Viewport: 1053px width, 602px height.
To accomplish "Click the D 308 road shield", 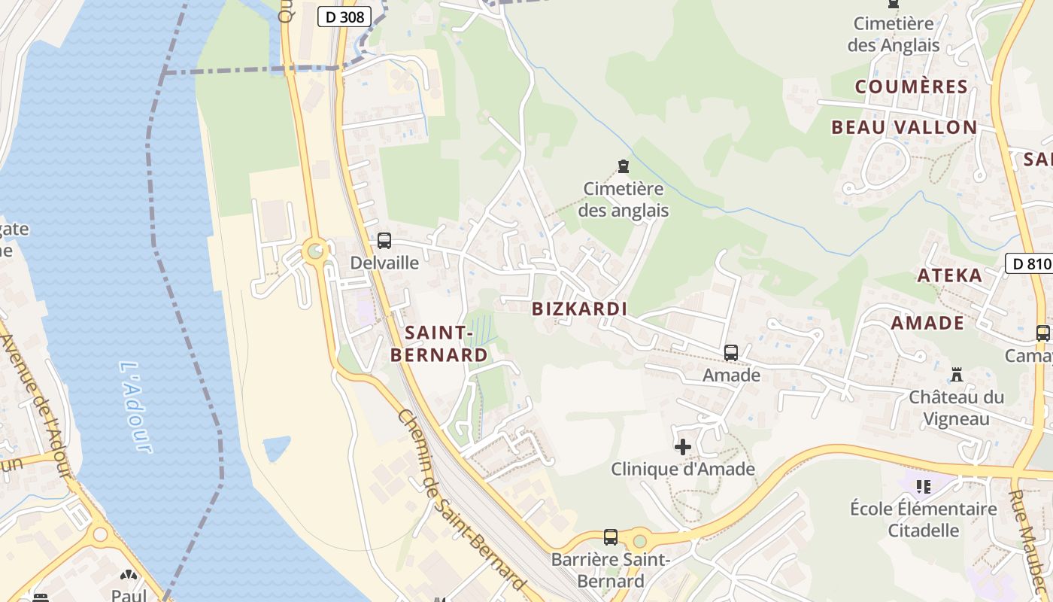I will [344, 17].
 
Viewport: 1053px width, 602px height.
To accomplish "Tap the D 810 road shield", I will [1028, 263].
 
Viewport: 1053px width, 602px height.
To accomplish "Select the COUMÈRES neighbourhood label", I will [911, 87].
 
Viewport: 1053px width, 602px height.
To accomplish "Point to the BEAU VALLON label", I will [904, 127].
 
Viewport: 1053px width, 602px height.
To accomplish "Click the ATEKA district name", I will [949, 275].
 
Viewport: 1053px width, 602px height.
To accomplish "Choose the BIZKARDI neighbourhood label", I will [579, 309].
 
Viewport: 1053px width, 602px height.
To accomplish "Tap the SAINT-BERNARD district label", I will [438, 343].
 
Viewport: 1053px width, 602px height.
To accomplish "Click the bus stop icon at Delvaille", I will [384, 241].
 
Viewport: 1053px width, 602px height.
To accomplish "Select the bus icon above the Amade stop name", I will [730, 352].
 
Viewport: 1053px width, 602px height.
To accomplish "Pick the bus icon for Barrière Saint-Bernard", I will [611, 537].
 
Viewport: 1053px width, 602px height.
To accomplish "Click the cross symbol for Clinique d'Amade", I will [683, 447].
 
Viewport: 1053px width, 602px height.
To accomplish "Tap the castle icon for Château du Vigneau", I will [957, 374].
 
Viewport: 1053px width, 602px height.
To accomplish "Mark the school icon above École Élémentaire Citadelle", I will [924, 486].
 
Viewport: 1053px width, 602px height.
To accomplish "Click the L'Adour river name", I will [136, 406].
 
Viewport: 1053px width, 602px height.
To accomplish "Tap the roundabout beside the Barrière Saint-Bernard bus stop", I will [639, 540].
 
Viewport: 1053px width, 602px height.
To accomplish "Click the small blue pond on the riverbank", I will [276, 448].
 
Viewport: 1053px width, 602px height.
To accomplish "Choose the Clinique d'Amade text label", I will [682, 470].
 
